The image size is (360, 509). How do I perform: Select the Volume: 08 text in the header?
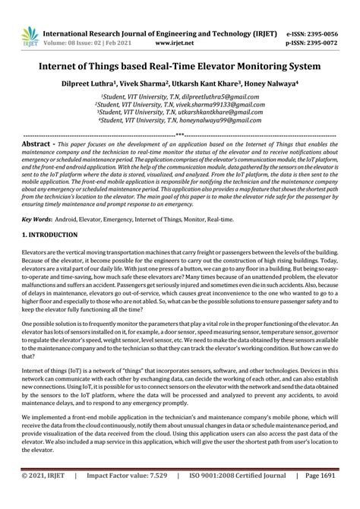[x=66, y=44]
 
